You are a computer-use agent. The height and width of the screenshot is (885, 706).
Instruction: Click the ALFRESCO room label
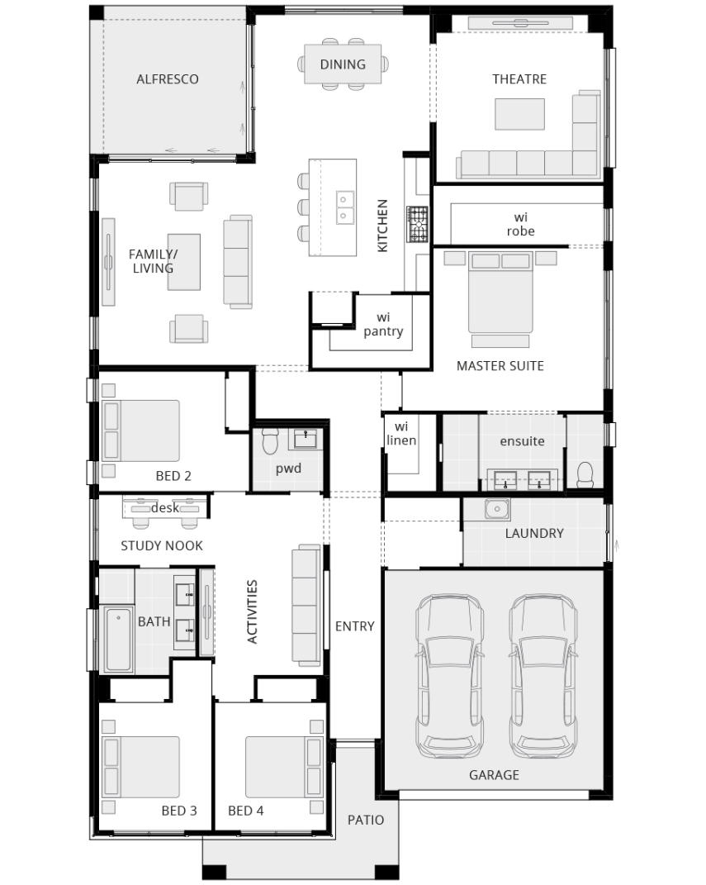pyautogui.click(x=168, y=79)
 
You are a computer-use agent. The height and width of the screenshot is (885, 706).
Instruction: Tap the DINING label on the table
pyautogui.click(x=343, y=64)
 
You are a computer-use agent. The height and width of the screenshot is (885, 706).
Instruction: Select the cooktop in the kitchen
pyautogui.click(x=417, y=225)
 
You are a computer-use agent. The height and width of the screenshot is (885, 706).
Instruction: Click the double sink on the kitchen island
pyautogui.click(x=345, y=207)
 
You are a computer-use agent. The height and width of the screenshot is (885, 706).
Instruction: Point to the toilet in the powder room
pyautogui.click(x=270, y=440)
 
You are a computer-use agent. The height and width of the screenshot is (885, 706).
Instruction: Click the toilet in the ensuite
pyautogui.click(x=585, y=474)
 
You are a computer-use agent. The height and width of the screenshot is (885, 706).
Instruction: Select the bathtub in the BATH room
pyautogui.click(x=118, y=639)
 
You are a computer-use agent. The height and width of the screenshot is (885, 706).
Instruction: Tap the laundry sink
pyautogui.click(x=497, y=508)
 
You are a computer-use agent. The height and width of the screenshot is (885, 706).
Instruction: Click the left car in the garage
pyautogui.click(x=449, y=675)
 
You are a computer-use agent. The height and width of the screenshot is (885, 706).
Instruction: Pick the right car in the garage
pyautogui.click(x=543, y=675)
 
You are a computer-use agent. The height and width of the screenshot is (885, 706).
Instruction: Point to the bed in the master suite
pyautogui.click(x=500, y=293)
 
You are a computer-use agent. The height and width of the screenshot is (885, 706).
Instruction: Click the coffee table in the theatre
pyautogui.click(x=520, y=114)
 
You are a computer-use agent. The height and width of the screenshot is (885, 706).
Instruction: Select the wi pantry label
pyautogui.click(x=383, y=325)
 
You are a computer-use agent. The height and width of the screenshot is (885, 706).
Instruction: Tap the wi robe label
pyautogui.click(x=520, y=224)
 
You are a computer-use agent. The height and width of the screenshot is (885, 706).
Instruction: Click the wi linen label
pyautogui.click(x=401, y=434)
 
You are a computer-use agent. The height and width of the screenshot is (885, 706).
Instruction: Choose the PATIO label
pyautogui.click(x=366, y=820)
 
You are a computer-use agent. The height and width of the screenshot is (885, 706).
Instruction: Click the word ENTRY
pyautogui.click(x=355, y=626)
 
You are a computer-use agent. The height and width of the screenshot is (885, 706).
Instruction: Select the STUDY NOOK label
pyautogui.click(x=162, y=545)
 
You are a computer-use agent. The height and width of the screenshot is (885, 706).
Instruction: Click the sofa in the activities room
pyautogui.click(x=306, y=602)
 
